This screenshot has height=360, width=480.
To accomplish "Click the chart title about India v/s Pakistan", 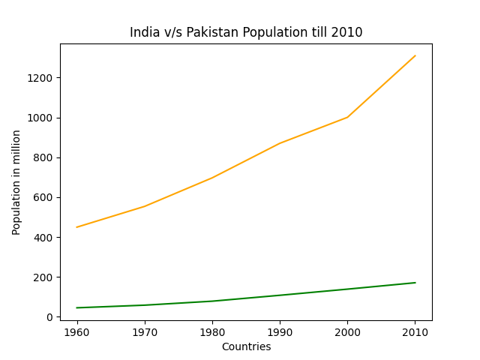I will [246, 32].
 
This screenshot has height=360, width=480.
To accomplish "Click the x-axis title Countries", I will [246, 347].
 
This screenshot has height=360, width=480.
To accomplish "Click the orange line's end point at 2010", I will [415, 55].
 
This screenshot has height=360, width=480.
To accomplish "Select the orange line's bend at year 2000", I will [347, 117].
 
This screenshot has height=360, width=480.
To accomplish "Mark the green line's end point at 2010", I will [415, 283].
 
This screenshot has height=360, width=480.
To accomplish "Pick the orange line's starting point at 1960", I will [76, 227].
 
